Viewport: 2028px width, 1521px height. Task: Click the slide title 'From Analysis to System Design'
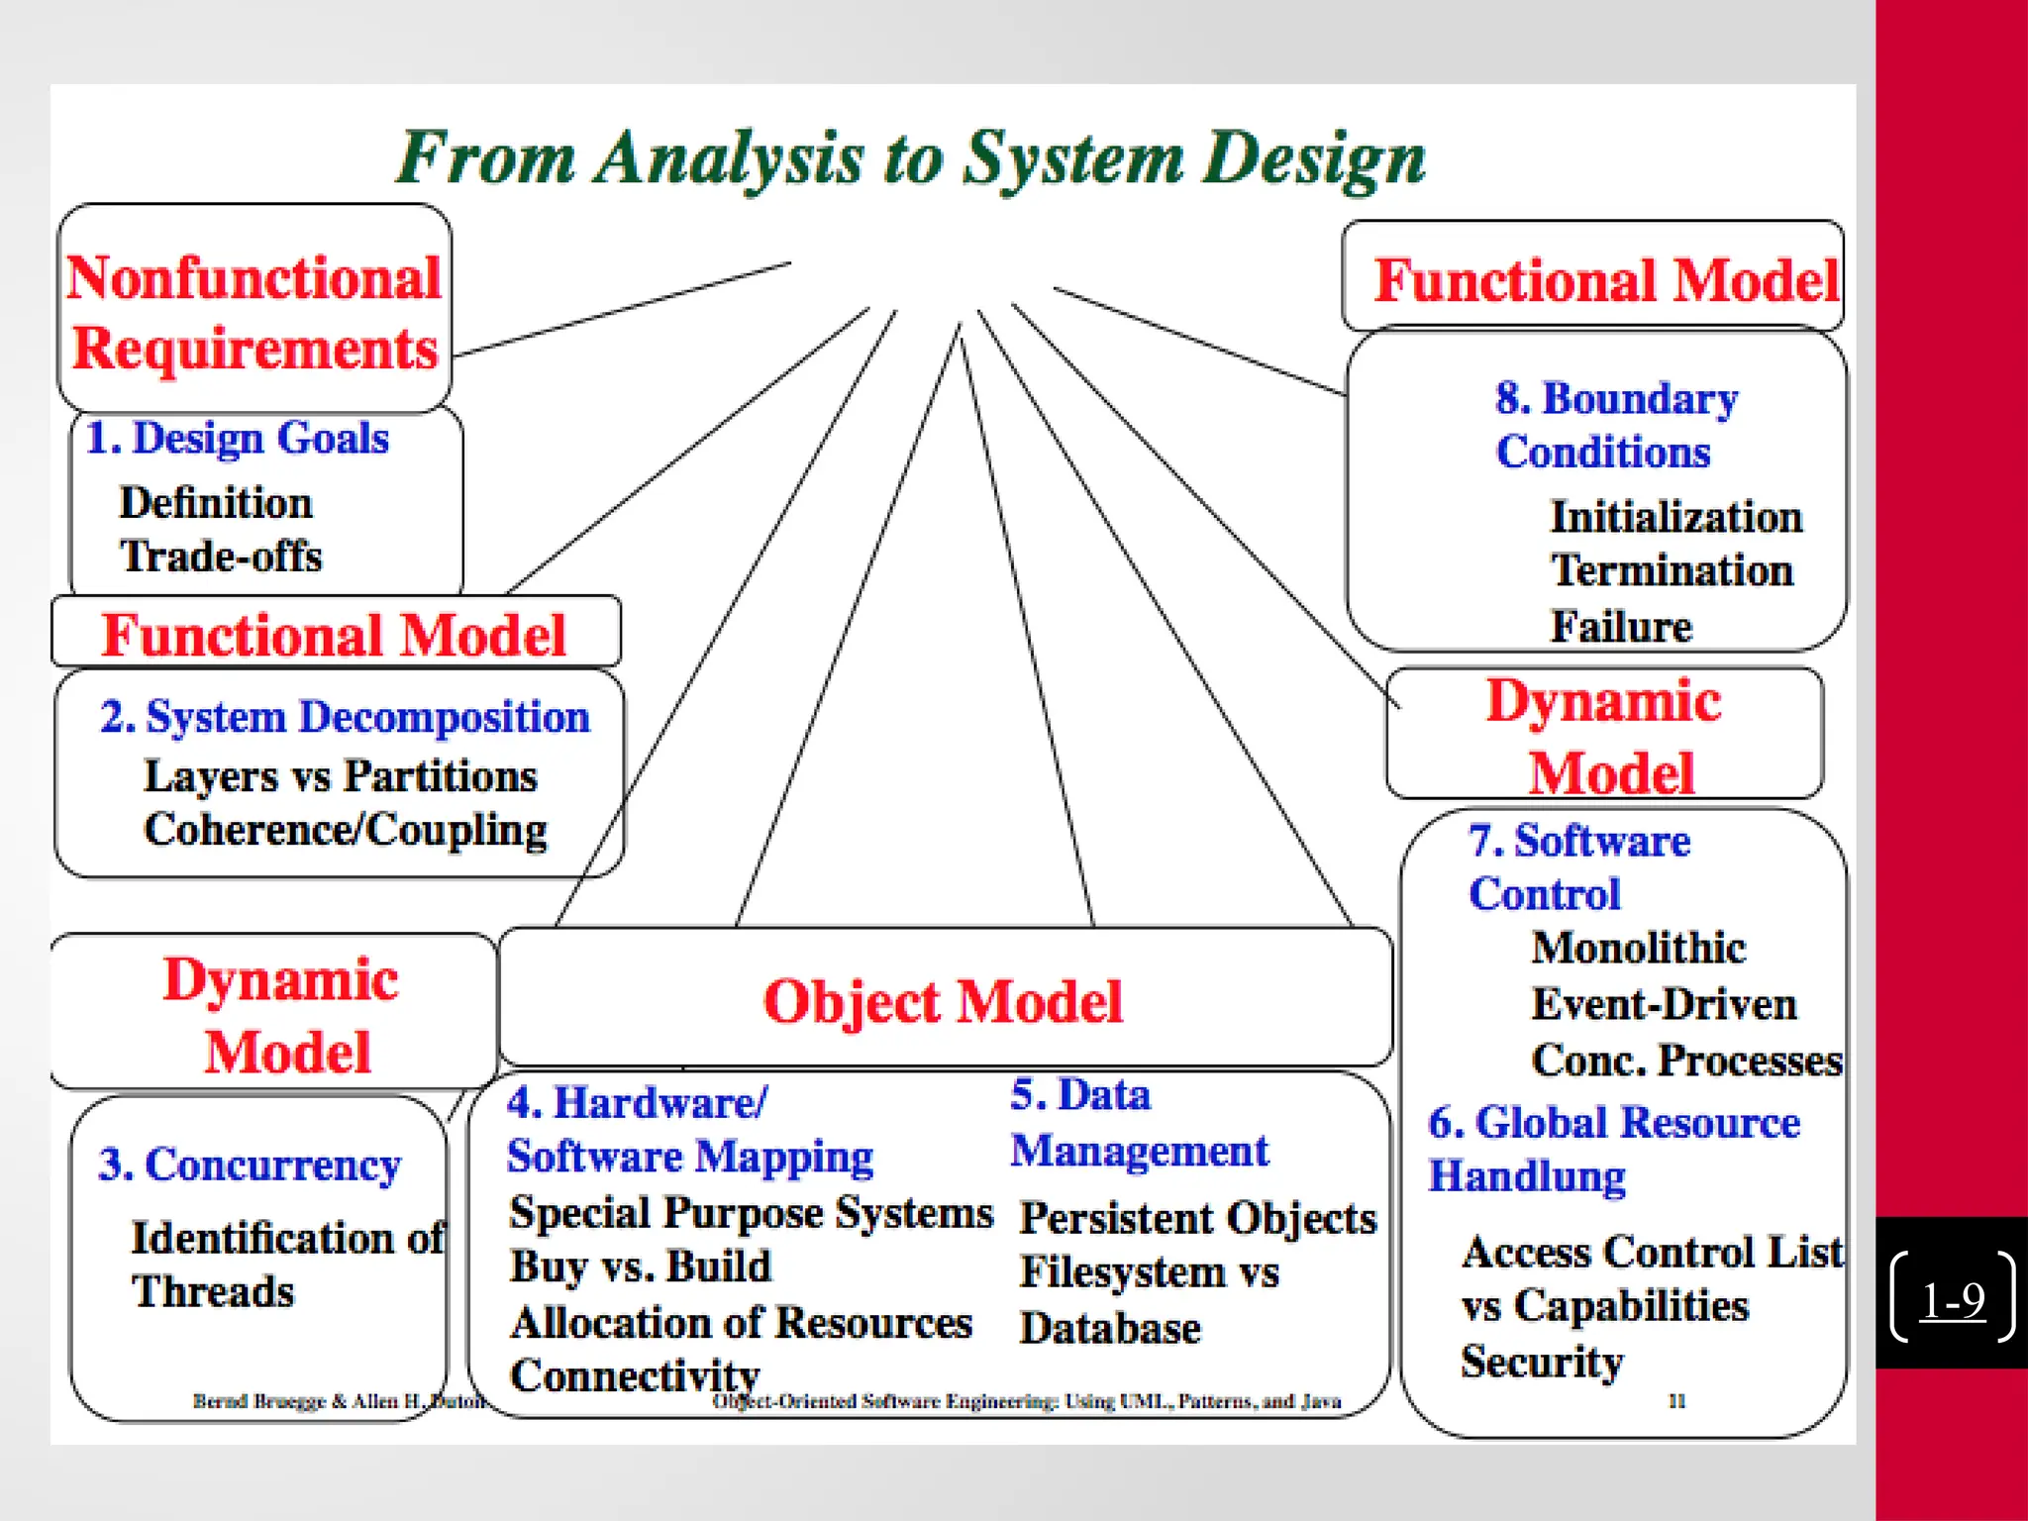pyautogui.click(x=911, y=158)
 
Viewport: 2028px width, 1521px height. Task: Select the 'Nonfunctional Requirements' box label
pyautogui.click(x=254, y=312)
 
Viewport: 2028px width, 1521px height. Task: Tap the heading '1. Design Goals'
pyautogui.click(x=238, y=438)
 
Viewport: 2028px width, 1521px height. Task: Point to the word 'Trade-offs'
pyautogui.click(x=221, y=557)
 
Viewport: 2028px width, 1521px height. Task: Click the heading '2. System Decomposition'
pyautogui.click(x=345, y=717)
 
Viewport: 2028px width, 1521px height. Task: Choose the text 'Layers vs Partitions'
pyautogui.click(x=340, y=776)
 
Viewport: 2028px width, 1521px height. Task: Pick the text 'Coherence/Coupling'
pyautogui.click(x=346, y=830)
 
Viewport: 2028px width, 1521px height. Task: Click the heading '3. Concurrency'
pyautogui.click(x=250, y=1165)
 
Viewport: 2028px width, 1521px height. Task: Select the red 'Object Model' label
pyautogui.click(x=943, y=1001)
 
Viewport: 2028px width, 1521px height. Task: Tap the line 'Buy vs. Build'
pyautogui.click(x=640, y=1267)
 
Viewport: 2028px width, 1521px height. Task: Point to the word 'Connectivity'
pyautogui.click(x=635, y=1375)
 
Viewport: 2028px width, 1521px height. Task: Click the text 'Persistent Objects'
pyautogui.click(x=1198, y=1218)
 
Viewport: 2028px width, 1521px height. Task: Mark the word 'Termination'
pyautogui.click(x=1672, y=570)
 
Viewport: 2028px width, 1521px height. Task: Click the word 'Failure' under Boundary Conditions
pyautogui.click(x=1621, y=626)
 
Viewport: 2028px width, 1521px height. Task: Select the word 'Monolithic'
pyautogui.click(x=1638, y=948)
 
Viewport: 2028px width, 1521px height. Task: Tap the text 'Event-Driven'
pyautogui.click(x=1664, y=1004)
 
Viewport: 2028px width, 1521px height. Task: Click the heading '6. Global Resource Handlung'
pyautogui.click(x=1614, y=1149)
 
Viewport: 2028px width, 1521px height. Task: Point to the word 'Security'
pyautogui.click(x=1542, y=1362)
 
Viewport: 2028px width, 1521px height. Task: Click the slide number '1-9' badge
pyautogui.click(x=1952, y=1298)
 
